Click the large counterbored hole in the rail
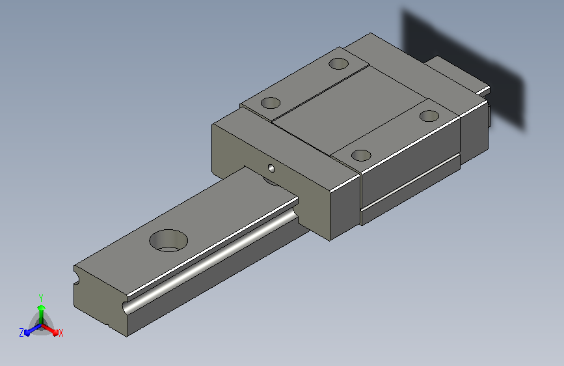point(168,241)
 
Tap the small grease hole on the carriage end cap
point(271,168)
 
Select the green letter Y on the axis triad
point(41,298)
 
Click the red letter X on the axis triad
point(60,333)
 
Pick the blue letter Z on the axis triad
point(21,333)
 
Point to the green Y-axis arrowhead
point(42,308)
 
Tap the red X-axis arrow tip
point(55,333)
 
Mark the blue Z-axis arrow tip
point(27,333)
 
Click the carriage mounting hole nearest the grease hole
point(271,103)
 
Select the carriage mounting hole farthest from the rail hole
point(429,116)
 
